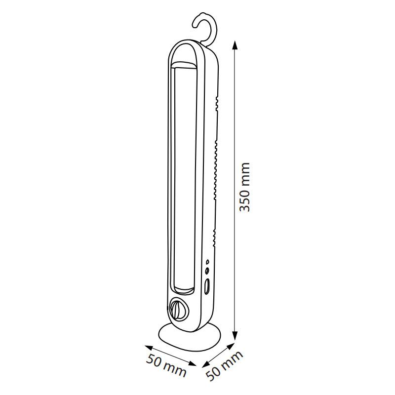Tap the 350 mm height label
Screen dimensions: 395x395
(x=244, y=187)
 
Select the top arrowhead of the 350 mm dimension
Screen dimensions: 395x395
(x=235, y=45)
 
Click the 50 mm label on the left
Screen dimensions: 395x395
(x=166, y=365)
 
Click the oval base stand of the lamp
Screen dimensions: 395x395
(x=190, y=337)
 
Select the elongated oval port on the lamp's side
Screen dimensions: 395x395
(x=207, y=286)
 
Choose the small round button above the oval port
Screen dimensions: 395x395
(x=207, y=271)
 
